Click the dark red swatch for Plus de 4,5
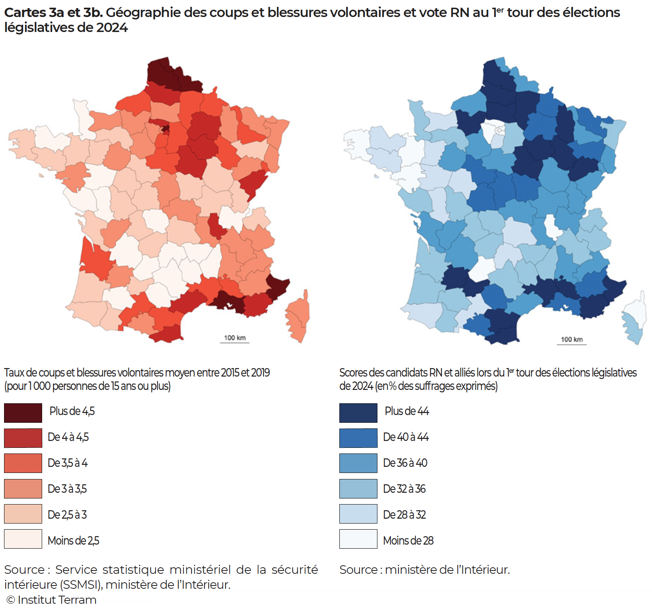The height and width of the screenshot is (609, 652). tap(23, 413)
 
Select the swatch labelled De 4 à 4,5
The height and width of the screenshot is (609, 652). tap(23, 438)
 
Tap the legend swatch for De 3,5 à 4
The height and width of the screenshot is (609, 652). tap(23, 463)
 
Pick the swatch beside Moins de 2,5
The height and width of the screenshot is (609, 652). tap(23, 539)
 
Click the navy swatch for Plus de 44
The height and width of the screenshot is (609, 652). tap(358, 413)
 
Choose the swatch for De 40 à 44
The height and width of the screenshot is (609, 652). tap(358, 438)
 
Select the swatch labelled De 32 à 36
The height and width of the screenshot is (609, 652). tap(358, 489)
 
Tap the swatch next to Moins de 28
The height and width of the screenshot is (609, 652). tap(358, 539)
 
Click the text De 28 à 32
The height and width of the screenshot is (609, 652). tap(404, 515)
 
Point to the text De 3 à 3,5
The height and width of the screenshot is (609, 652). tap(67, 489)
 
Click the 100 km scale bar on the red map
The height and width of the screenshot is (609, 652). tap(234, 342)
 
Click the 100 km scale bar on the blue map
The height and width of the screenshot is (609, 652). tap(571, 344)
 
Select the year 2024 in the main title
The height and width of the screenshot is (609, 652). tap(112, 28)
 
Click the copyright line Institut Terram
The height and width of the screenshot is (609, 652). tap(52, 600)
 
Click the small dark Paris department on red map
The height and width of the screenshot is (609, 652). tap(166, 129)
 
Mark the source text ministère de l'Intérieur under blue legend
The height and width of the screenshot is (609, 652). tap(447, 570)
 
